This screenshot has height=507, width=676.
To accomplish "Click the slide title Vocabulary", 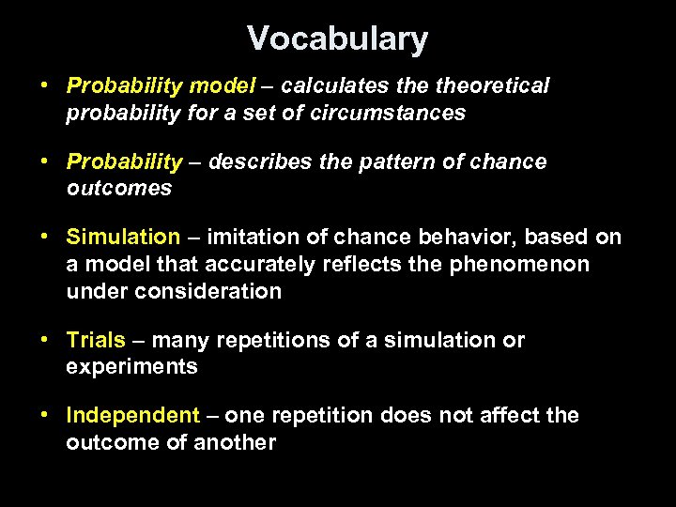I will pos(337,39).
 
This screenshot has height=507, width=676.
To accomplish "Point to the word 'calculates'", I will pos(327,86).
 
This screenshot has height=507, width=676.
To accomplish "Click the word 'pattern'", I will pos(398,161).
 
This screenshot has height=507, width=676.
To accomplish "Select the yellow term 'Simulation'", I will pos(123,237).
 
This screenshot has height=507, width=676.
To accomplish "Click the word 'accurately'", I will pos(260,264).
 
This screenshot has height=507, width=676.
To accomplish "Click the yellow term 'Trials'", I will pos(95,340).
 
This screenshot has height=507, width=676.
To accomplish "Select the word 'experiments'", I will pos(131,367).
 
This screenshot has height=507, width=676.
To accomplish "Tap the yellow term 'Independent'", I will pos(133,415).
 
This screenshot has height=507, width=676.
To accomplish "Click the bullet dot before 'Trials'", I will pos(45,340).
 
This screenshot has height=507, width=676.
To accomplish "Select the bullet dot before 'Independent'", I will pos(45,415).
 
